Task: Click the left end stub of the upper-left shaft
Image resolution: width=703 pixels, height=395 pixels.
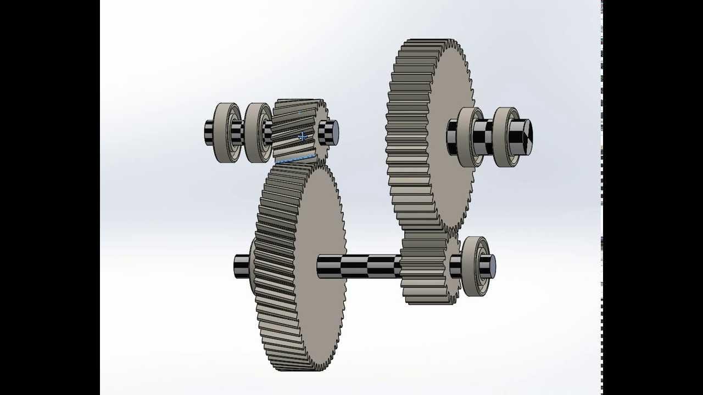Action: click(x=209, y=133)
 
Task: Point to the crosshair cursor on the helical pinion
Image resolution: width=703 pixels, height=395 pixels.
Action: click(x=302, y=137)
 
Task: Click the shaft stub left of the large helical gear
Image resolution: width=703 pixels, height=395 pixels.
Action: click(x=242, y=266)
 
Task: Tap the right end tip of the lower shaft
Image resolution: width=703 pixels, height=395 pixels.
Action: click(x=490, y=266)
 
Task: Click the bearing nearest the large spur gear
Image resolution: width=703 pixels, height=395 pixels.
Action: click(x=470, y=137)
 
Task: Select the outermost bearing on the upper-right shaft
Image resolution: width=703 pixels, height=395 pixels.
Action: click(x=505, y=137)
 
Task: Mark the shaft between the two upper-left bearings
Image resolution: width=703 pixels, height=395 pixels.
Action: click(x=241, y=133)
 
